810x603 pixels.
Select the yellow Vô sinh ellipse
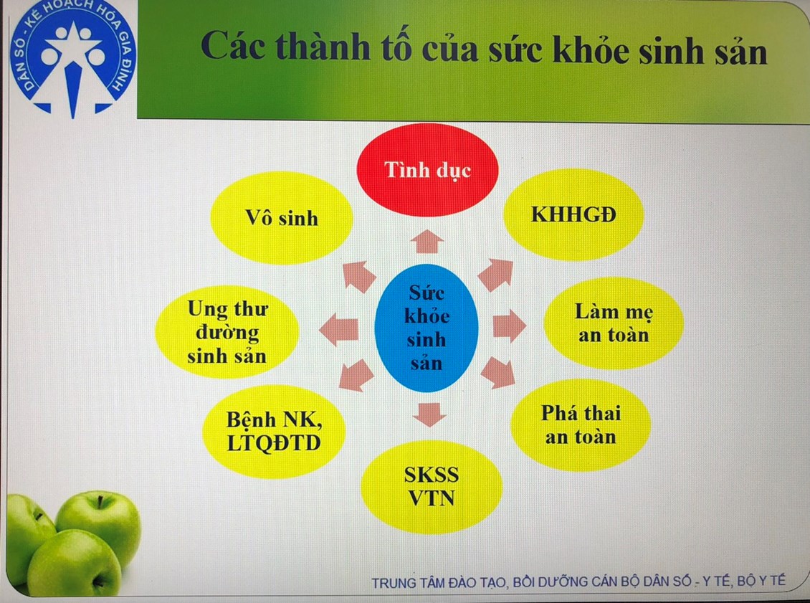(x=282, y=218)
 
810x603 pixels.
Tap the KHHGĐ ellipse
(x=574, y=214)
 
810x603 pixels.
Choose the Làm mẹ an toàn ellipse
(x=614, y=323)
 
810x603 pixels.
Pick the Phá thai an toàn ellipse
(x=581, y=424)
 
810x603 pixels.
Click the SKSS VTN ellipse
(x=432, y=487)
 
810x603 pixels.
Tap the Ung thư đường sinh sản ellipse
(x=227, y=332)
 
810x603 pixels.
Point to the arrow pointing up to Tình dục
(x=427, y=242)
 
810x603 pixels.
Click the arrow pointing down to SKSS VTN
(x=429, y=414)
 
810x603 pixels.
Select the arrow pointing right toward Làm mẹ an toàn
(x=510, y=326)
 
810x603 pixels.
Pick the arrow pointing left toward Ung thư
(x=339, y=329)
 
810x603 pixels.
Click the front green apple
(x=74, y=564)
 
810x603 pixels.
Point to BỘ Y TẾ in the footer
(x=761, y=581)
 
